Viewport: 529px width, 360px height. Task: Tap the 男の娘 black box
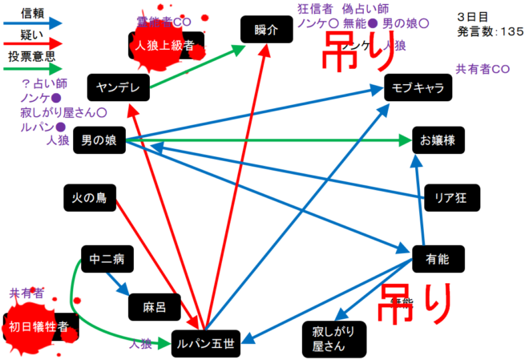100,140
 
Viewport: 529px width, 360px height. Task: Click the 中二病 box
107,260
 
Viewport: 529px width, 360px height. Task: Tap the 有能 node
438,259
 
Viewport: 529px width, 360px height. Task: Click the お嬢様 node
438,140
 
